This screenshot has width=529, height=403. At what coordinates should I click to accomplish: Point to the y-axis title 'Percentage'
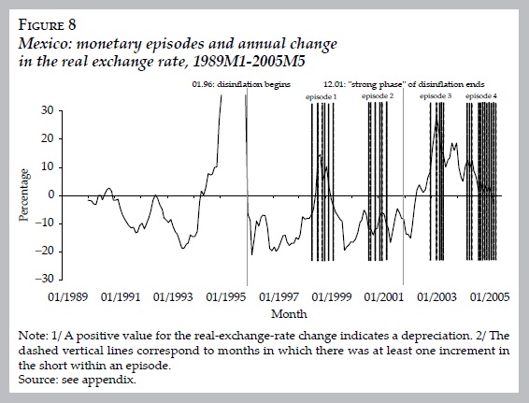tap(25, 194)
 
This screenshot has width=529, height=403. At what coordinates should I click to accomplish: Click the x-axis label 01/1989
tap(70, 295)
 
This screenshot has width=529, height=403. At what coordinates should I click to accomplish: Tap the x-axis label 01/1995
tap(226, 295)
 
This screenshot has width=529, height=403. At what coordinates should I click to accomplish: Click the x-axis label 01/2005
tap(486, 295)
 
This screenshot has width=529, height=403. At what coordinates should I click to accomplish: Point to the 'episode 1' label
tap(322, 97)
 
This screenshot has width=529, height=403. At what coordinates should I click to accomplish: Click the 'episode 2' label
tap(377, 97)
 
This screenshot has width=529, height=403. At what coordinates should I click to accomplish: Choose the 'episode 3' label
tap(436, 97)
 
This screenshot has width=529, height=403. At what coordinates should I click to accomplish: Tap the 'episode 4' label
tap(481, 97)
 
